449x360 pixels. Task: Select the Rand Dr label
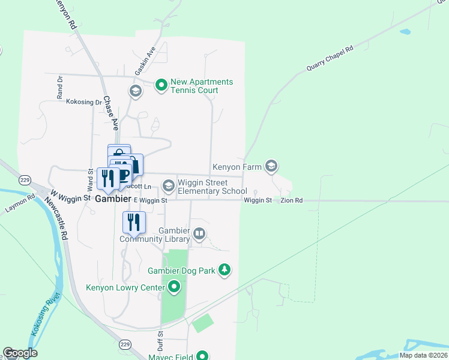[59, 87]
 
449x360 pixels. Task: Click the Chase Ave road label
[110, 113]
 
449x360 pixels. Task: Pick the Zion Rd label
[291, 200]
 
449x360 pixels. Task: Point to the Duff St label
[160, 342]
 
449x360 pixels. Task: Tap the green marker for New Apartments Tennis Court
[161, 86]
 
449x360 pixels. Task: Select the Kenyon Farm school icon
[271, 166]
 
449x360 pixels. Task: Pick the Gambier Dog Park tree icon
[224, 271]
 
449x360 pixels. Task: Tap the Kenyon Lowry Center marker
[174, 287]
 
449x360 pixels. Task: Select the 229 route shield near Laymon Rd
[25, 179]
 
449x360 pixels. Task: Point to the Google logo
[19, 353]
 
